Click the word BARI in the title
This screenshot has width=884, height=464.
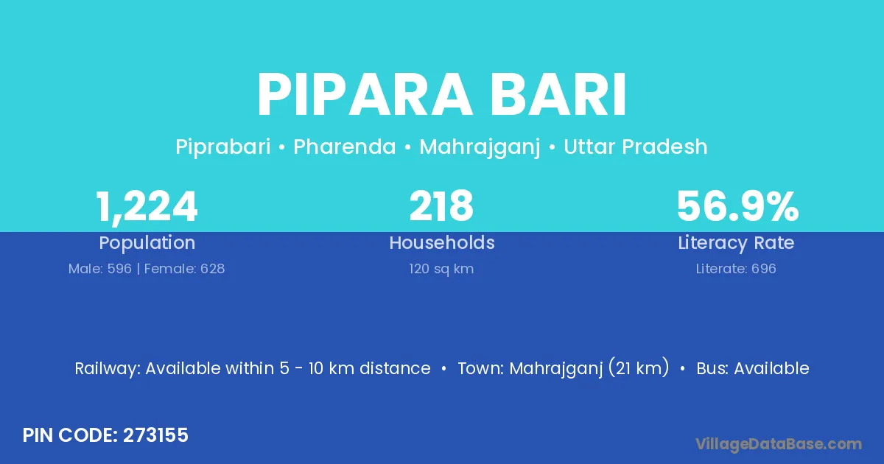[x=558, y=95]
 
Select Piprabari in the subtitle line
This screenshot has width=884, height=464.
[x=223, y=147]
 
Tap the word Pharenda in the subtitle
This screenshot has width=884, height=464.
[x=345, y=147]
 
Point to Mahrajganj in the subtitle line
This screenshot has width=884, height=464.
[x=480, y=147]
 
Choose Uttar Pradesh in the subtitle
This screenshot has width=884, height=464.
[x=635, y=147]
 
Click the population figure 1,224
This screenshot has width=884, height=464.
[x=147, y=207]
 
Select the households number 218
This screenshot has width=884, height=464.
[x=441, y=206]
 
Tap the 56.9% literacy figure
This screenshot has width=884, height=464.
[x=737, y=206]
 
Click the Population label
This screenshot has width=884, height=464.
[x=147, y=243]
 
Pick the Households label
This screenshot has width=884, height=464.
[x=442, y=242]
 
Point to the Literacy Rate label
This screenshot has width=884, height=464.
[x=736, y=243]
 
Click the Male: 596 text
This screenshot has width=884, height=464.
[x=100, y=269]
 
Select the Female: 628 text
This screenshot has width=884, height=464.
[x=184, y=269]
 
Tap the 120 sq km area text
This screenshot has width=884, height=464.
[x=441, y=269]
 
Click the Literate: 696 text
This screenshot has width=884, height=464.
[x=736, y=269]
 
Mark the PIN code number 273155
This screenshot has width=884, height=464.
[x=155, y=435]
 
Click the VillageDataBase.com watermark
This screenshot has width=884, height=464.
[x=779, y=444]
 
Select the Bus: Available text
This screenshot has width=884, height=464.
[x=753, y=368]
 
